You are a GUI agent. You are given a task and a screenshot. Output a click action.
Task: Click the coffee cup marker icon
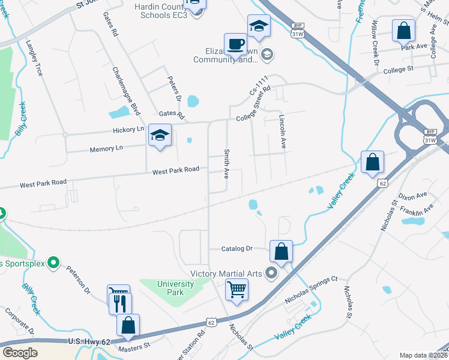pos(235,44)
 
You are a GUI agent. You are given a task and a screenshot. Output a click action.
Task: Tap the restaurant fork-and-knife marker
pos(120,304)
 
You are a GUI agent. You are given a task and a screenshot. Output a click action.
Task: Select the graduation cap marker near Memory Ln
pos(160,135)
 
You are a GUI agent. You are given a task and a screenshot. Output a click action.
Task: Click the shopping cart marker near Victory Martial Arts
pos(237,290)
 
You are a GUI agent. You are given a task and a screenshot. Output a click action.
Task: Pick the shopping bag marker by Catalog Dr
pos(281,251)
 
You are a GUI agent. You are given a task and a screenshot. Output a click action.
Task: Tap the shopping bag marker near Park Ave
pos(404,30)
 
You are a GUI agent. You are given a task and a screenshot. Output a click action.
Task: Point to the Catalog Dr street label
pos(237,248)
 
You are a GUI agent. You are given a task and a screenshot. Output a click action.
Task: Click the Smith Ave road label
pos(226,164)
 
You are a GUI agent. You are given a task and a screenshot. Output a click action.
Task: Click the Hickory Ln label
pos(128,129)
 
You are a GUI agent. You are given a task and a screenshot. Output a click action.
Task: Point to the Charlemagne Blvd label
pos(125,87)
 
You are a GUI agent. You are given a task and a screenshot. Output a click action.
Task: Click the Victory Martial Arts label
pos(226,274)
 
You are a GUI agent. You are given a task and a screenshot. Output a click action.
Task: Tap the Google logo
pos(20,353)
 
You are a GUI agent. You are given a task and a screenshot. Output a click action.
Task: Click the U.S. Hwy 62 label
pos(89,341)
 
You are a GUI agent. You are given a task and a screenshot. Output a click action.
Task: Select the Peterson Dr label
pos(79,281)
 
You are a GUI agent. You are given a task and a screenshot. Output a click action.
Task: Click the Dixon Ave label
pos(413,196)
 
